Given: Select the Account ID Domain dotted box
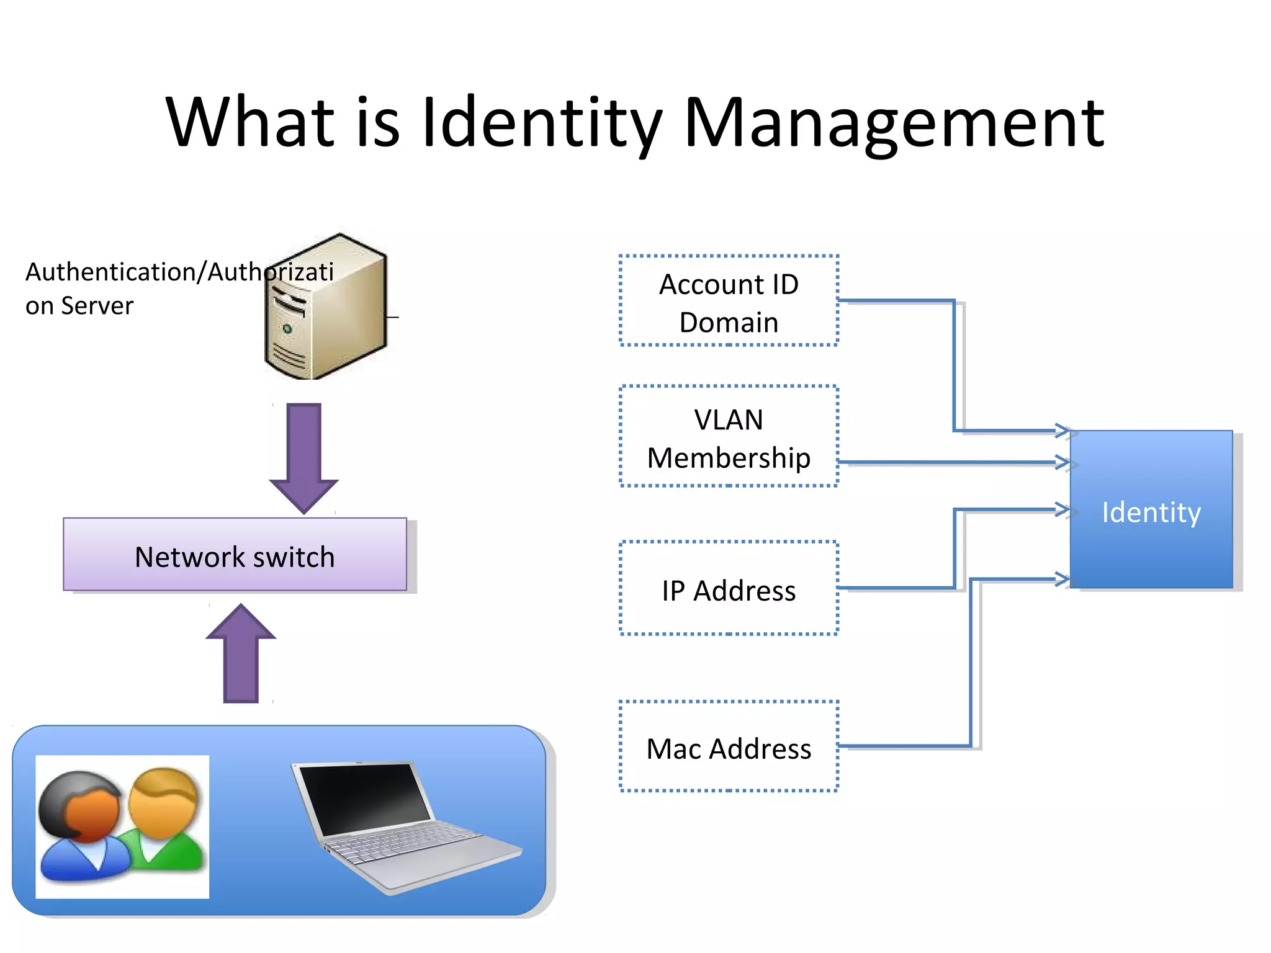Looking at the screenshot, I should coord(729,301).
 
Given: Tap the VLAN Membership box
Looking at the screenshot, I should coord(729,437).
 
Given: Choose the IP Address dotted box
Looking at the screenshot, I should coord(729,588).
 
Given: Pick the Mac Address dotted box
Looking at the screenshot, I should coord(729,746).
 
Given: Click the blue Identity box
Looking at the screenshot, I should coord(1151,510).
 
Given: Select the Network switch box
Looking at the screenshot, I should coord(235,555).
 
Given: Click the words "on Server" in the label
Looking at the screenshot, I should coord(79,306).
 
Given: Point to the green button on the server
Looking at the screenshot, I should coord(287,328).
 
